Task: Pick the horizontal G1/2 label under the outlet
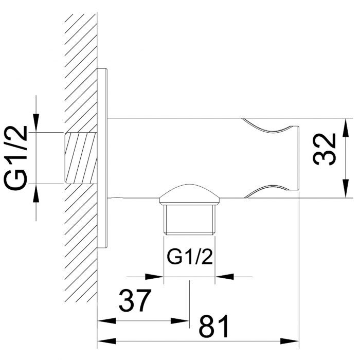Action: (190, 257)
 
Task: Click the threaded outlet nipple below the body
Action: (189, 219)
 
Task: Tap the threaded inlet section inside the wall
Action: (81, 158)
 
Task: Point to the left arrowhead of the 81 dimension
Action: (105, 340)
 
